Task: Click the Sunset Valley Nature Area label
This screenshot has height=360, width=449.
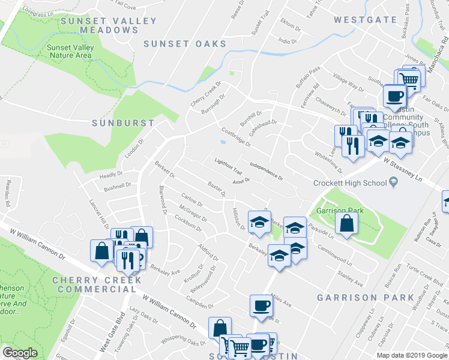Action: (70, 51)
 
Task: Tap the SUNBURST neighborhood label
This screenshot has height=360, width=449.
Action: (123, 122)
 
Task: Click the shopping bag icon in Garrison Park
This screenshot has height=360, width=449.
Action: (347, 224)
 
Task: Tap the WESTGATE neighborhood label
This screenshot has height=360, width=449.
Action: (365, 20)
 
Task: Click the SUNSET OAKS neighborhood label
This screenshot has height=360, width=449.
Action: (185, 44)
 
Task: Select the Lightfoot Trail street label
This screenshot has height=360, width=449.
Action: (229, 163)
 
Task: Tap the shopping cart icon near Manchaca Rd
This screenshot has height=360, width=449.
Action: (409, 79)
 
